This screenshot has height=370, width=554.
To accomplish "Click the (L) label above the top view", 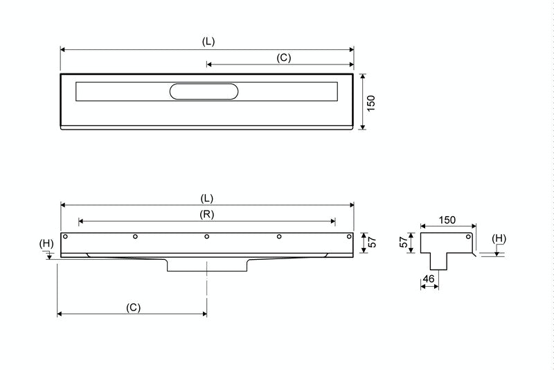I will [x=208, y=41].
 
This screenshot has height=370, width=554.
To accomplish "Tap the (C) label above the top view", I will [x=283, y=58].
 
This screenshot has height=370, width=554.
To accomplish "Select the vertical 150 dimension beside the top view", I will [x=371, y=103].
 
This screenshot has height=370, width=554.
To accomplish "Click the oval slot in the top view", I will [x=206, y=91].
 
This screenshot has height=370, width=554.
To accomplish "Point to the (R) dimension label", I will [x=206, y=214].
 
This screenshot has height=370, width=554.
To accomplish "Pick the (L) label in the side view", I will [x=207, y=197].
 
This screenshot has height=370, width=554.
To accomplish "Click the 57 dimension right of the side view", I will [x=372, y=243].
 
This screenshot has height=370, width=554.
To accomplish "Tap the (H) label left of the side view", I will [x=46, y=243].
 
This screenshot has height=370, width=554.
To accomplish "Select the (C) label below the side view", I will [x=134, y=306].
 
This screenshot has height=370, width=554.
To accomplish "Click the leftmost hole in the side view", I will [x=65, y=237].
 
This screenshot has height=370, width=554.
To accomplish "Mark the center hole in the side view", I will [x=207, y=237].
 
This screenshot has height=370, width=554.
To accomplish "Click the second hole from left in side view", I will [x=136, y=237].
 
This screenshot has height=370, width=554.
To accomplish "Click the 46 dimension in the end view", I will [x=429, y=279].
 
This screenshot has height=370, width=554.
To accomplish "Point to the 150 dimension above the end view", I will [x=447, y=220].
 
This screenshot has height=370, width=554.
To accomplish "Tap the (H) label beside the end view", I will [x=499, y=238].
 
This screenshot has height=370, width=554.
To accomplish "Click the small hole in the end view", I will [x=470, y=237].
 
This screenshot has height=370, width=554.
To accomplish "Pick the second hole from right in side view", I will [x=278, y=237].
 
